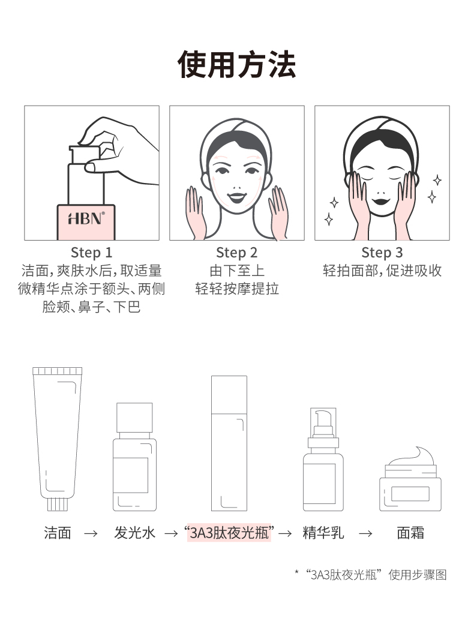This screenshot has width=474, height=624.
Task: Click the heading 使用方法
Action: (237, 64)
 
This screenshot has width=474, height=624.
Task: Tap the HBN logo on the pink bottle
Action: (86, 218)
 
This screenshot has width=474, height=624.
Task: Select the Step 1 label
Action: (92, 253)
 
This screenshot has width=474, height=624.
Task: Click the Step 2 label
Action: (237, 253)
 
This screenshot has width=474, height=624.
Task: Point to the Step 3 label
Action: (382, 253)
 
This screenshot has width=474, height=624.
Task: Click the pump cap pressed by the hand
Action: (85, 155)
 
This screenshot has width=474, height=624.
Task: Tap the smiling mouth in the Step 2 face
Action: (237, 197)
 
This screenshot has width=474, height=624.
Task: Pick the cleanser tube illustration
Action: (58, 439)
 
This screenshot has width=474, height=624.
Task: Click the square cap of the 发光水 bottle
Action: (134, 418)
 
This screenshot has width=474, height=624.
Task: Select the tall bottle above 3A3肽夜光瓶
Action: (229, 443)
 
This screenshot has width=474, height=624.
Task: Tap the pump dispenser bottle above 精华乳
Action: (323, 460)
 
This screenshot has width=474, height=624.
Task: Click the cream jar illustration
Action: (410, 479)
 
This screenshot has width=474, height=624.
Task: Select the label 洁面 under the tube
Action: (58, 533)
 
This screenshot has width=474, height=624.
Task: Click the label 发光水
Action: (134, 533)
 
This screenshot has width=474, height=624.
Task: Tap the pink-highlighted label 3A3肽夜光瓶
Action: (229, 533)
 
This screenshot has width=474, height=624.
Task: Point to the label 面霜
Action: (410, 533)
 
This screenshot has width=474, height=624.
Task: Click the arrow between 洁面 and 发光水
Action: (91, 533)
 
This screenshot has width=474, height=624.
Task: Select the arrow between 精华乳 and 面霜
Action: (366, 533)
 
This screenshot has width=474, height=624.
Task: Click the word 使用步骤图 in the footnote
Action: (418, 575)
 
